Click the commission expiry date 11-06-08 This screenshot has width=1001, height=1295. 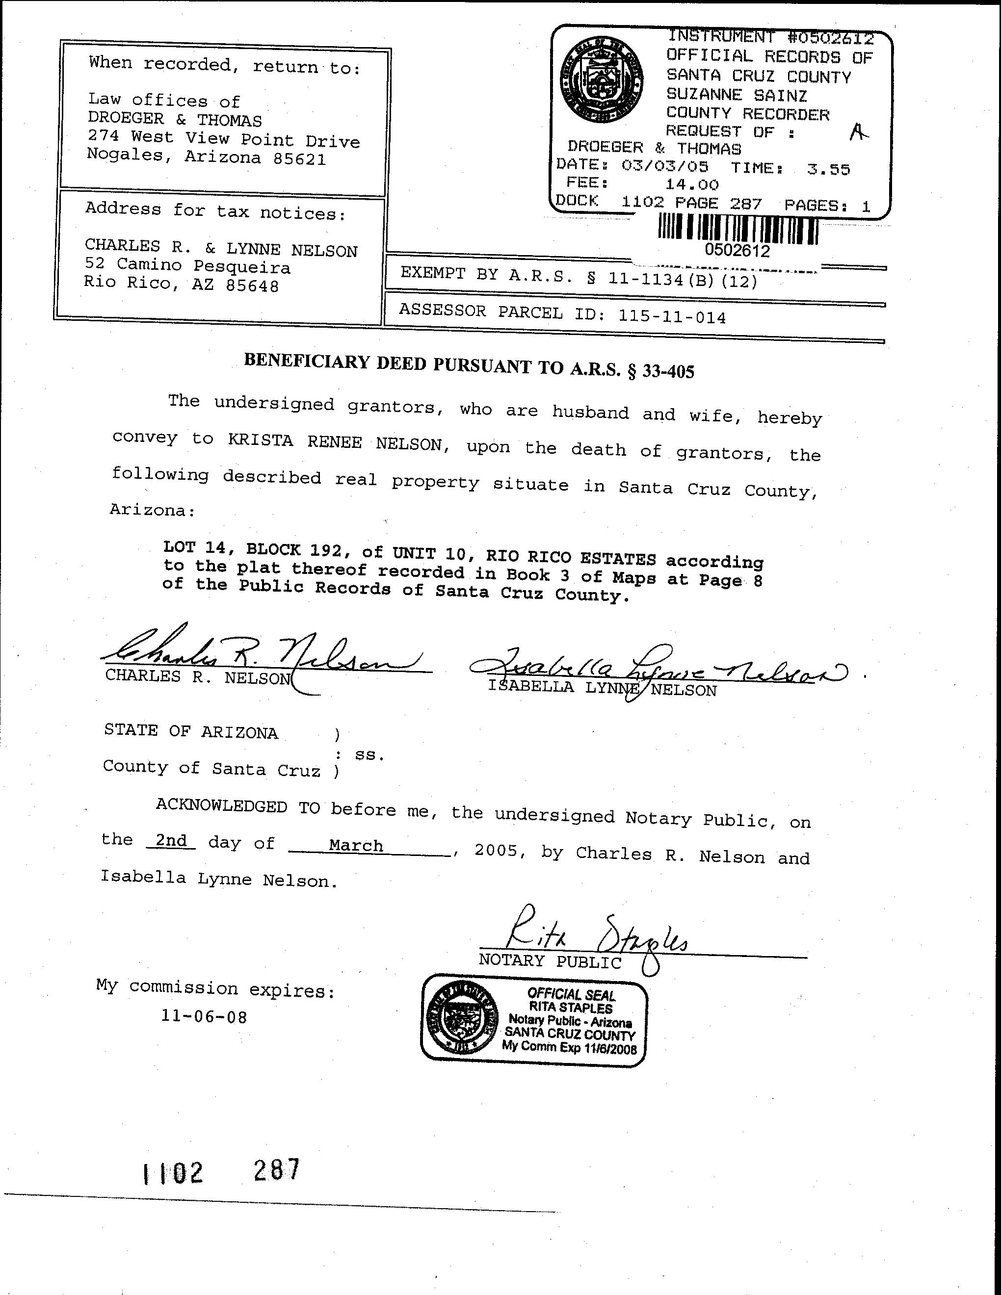[x=204, y=1016]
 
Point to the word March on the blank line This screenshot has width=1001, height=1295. [x=356, y=846]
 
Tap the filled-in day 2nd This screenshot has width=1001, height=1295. [x=171, y=840]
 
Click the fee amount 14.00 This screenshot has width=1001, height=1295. [x=691, y=185]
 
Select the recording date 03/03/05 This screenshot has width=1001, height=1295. [x=665, y=165]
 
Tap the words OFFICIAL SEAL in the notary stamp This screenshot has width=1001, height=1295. [x=571, y=994]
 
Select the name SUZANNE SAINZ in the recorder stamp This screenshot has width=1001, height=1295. [x=737, y=95]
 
